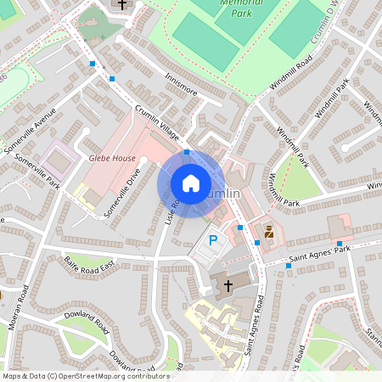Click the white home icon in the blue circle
(191, 183)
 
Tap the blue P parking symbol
(213, 241)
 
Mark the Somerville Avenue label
(31, 131)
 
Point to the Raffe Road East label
(89, 269)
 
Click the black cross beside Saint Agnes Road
(227, 284)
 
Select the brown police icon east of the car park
(269, 231)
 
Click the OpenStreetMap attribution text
(85, 376)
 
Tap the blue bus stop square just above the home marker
(187, 152)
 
